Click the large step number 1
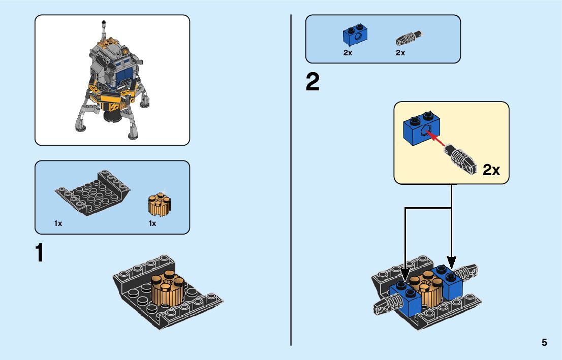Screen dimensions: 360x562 [x=40, y=253]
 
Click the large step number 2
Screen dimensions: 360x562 [x=313, y=82]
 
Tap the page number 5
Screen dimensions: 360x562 [x=544, y=342]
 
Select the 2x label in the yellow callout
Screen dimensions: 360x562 [x=491, y=170]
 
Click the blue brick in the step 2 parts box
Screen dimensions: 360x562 [x=355, y=34]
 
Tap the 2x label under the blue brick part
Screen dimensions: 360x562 [x=348, y=53]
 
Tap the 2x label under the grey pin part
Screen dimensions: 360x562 [x=400, y=53]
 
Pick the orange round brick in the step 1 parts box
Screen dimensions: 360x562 [x=159, y=204]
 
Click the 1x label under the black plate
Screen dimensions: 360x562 [x=58, y=223]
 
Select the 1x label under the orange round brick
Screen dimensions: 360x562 [x=152, y=223]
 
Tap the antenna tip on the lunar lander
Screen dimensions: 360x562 [x=104, y=22]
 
